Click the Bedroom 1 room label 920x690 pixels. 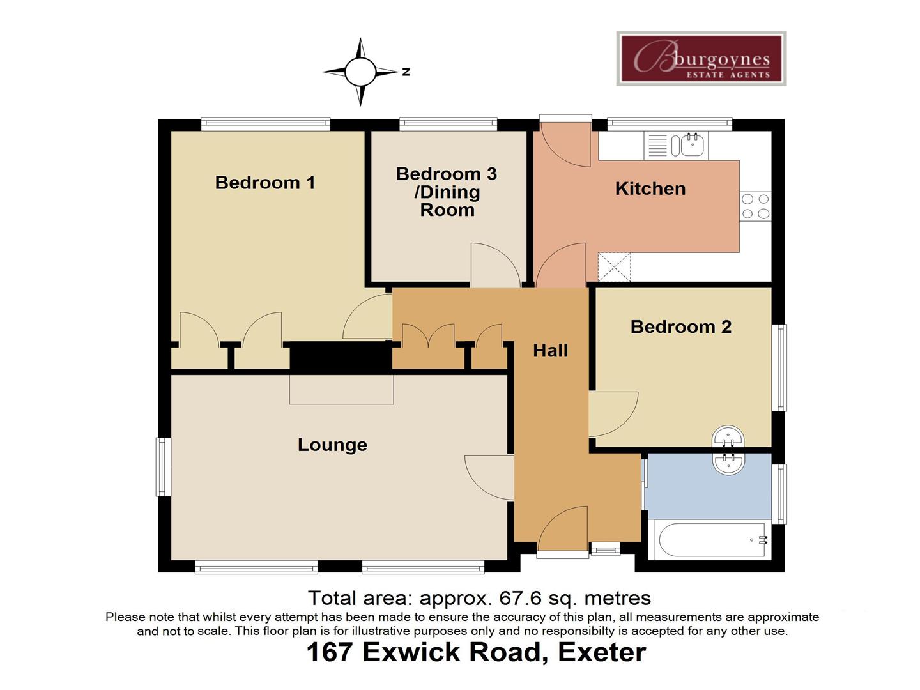click(x=265, y=183)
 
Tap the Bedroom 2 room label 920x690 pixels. click(x=680, y=327)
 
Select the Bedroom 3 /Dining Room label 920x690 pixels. click(x=447, y=192)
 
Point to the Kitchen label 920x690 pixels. click(x=650, y=188)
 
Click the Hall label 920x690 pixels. click(x=550, y=350)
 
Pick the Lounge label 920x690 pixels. click(x=332, y=445)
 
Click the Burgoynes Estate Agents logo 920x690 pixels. click(x=701, y=59)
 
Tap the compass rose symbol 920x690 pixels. click(x=360, y=72)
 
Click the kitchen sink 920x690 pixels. click(x=692, y=145)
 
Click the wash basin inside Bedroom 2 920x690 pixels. click(x=728, y=438)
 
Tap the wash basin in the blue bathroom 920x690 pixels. click(x=728, y=463)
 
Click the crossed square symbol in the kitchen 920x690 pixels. click(x=614, y=267)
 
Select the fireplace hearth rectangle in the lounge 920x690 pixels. click(x=341, y=389)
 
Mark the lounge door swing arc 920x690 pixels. click(x=489, y=477)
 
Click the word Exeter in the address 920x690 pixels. click(x=601, y=652)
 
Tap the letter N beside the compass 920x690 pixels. click(x=406, y=72)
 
